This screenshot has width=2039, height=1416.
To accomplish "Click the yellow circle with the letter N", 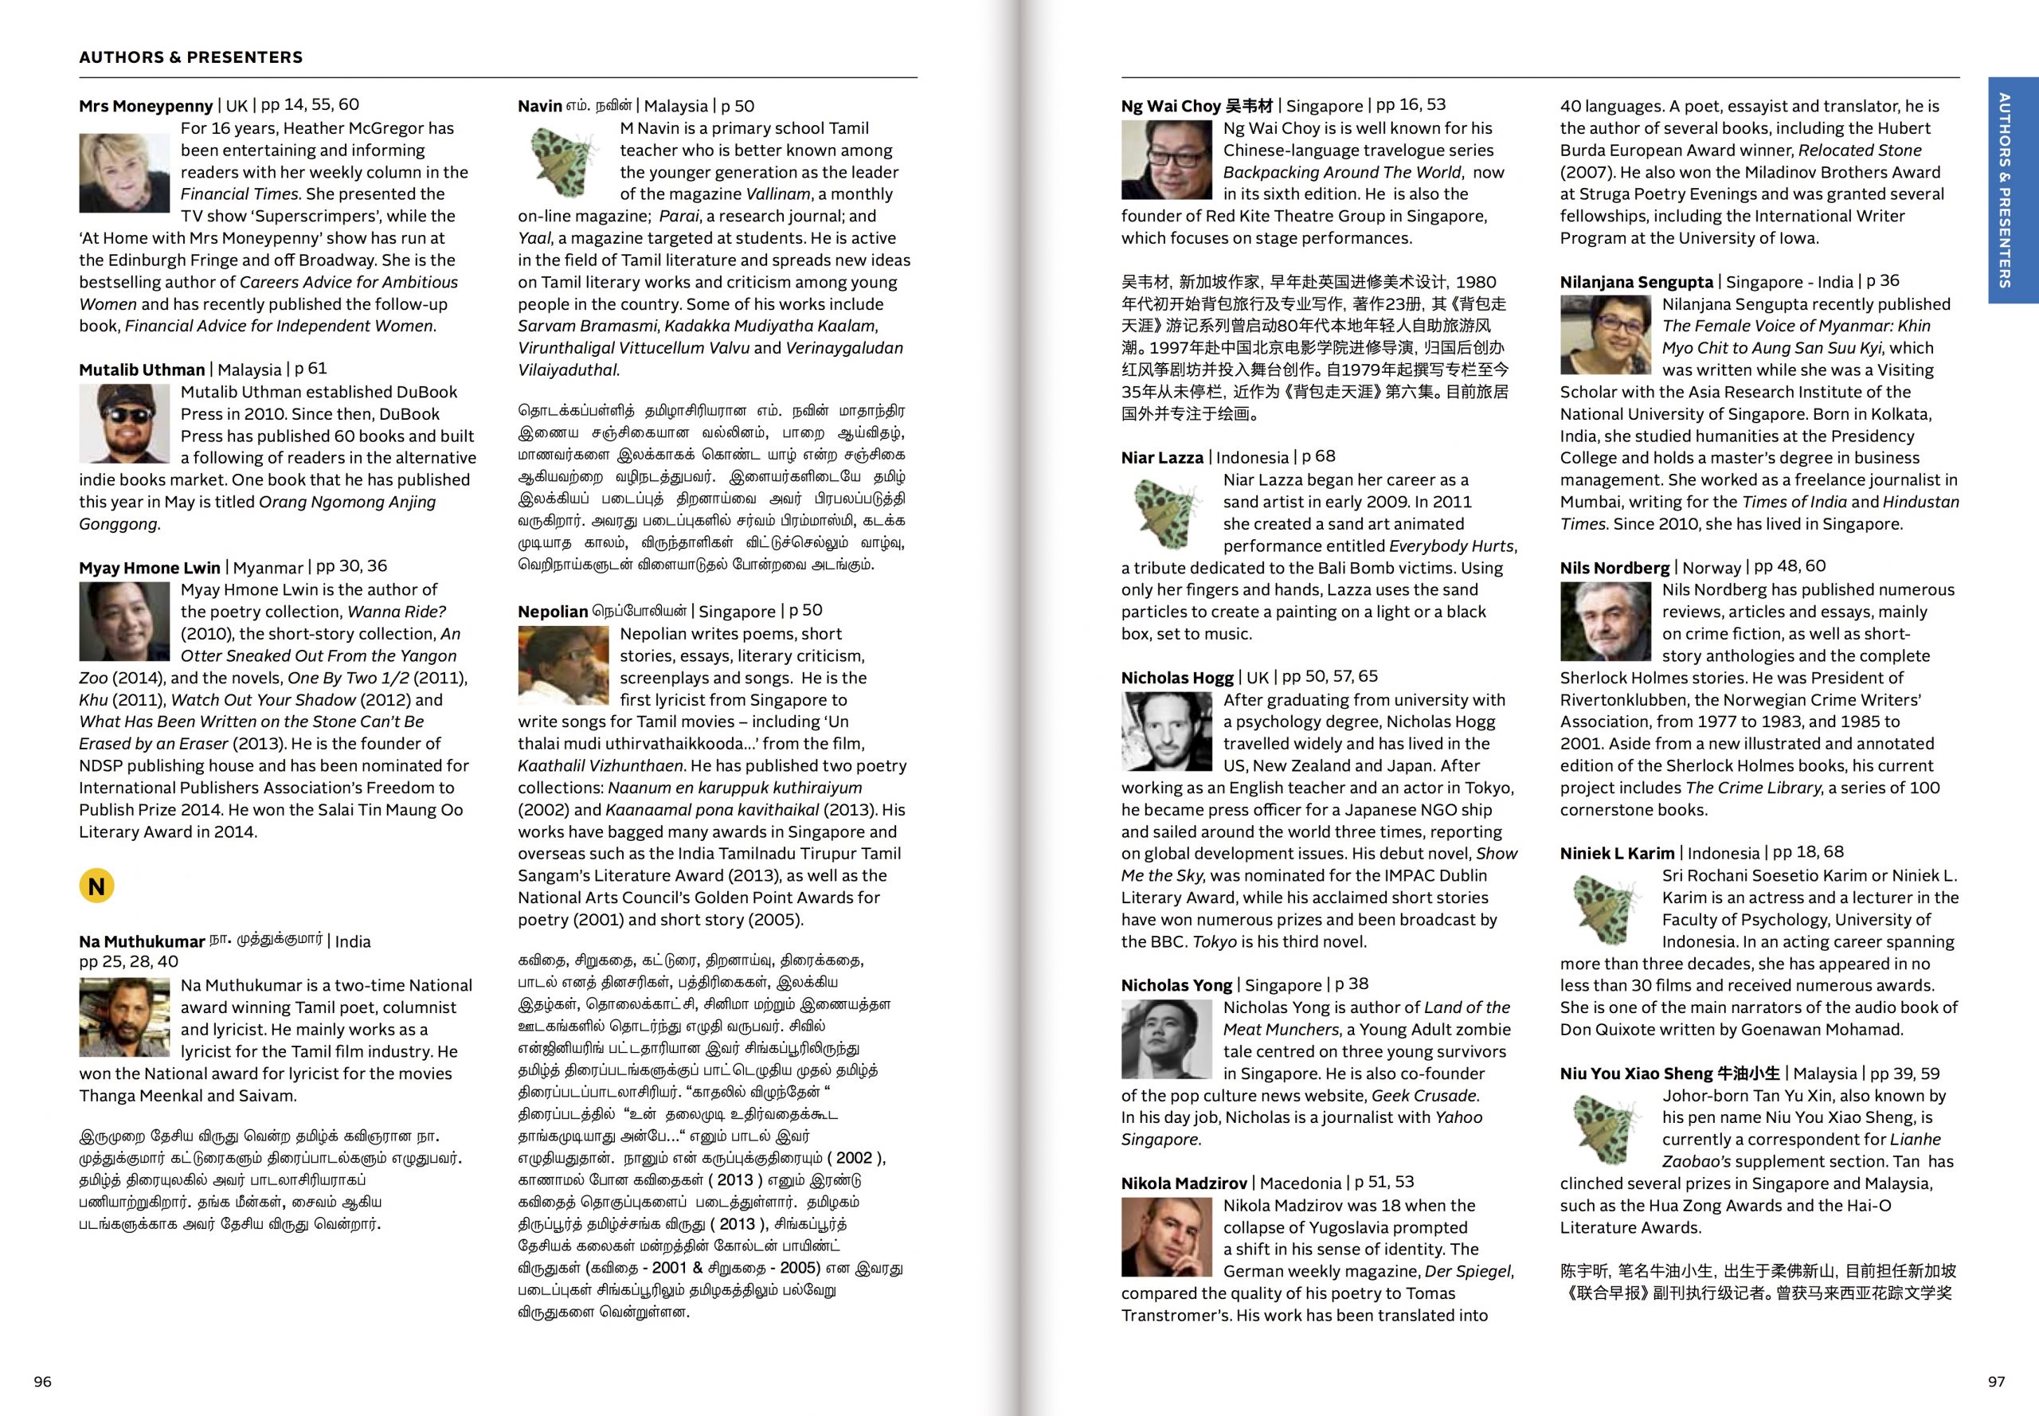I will [96, 886].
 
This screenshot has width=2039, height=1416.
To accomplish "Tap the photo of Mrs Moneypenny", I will [124, 173].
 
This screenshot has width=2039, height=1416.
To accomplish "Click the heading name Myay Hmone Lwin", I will [149, 568].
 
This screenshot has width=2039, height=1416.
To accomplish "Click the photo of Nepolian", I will [562, 666].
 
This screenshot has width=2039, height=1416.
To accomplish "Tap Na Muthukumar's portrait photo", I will [124, 1017].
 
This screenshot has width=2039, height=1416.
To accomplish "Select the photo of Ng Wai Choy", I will [1166, 160].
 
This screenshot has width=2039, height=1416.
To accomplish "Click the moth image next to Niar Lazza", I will [1166, 512].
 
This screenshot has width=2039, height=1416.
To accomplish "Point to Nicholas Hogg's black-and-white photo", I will [1166, 731].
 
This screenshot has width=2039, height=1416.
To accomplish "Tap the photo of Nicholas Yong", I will [1166, 1039].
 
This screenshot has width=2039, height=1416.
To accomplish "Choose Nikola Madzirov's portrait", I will [1166, 1237].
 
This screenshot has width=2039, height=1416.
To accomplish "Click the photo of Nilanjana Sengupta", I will [1605, 335].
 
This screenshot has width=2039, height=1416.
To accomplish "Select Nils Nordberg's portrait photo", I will [1605, 621].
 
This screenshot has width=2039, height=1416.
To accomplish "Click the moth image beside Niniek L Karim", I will [1605, 908].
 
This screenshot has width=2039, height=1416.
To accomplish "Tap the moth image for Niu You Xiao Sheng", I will [1605, 1128].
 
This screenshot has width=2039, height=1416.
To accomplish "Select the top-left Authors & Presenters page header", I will [191, 57].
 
